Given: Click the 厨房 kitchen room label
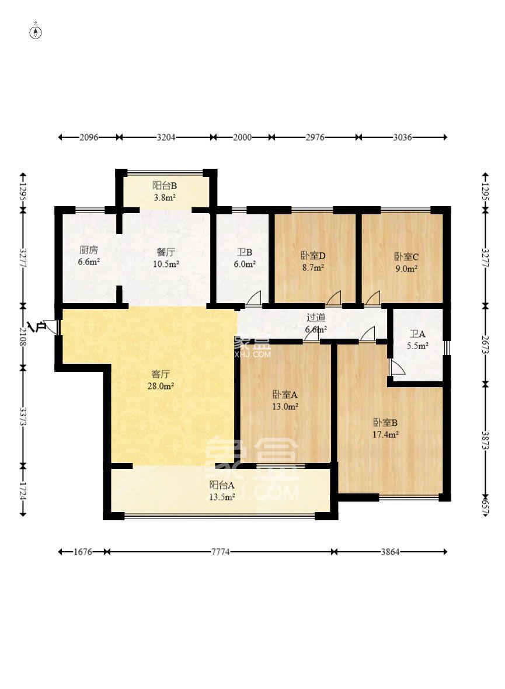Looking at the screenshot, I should click(x=89, y=250).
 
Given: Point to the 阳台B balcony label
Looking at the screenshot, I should click(x=165, y=186).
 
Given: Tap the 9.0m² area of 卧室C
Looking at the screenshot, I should click(x=405, y=269).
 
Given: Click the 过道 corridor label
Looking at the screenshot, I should click(x=316, y=318).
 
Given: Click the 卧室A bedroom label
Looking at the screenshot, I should click(x=285, y=394).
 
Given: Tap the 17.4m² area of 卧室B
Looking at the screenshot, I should click(x=386, y=434).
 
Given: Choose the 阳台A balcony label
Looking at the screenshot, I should click(x=222, y=485).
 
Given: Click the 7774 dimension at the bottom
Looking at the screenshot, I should click(x=220, y=552).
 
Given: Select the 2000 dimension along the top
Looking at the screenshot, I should click(x=242, y=137).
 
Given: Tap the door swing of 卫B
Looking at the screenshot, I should click(x=254, y=298).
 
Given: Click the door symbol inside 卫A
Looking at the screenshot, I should click(x=397, y=367).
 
